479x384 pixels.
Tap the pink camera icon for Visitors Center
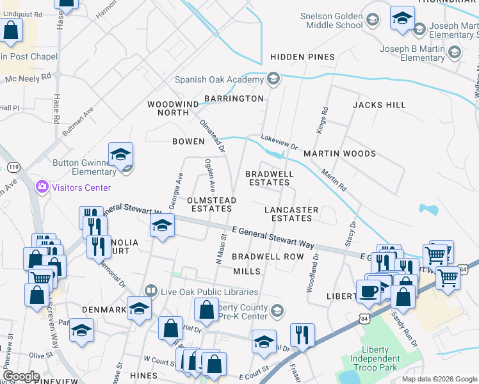(42, 187)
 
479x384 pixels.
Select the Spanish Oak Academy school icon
(273, 79)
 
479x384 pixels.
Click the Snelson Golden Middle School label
(332, 20)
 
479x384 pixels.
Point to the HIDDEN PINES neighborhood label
(302, 57)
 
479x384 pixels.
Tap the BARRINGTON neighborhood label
(234, 99)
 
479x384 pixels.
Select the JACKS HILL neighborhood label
(379, 104)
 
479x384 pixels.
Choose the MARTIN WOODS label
(339, 154)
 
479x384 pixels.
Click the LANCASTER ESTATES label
(291, 214)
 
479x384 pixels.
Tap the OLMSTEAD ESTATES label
(211, 204)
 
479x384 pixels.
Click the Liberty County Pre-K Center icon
(277, 311)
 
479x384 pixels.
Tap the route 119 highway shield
(13, 167)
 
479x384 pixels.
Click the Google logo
(22, 376)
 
